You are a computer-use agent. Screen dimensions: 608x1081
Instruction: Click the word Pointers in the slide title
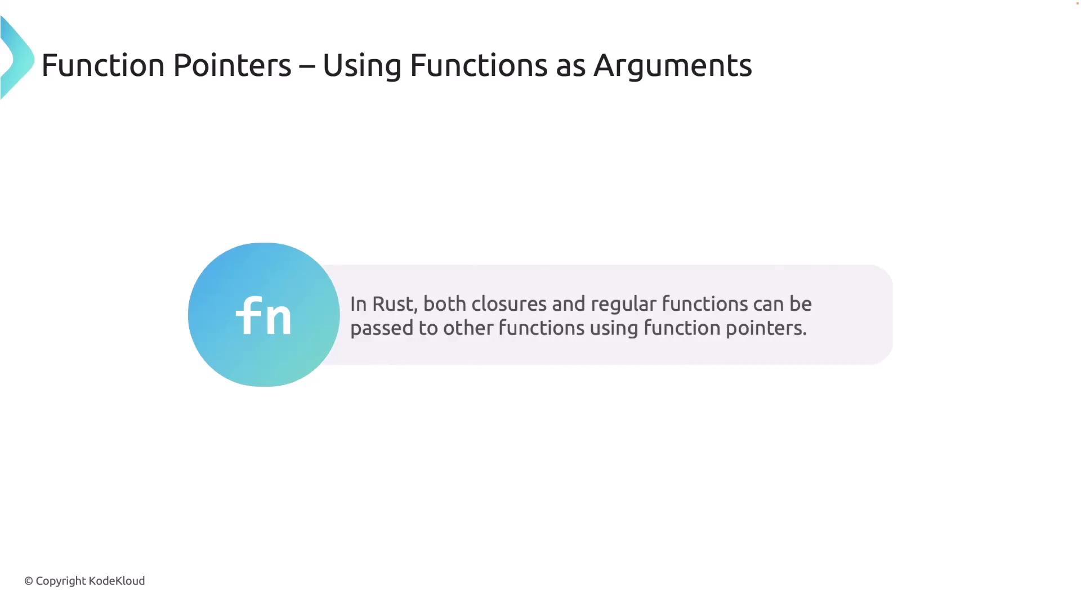(232, 65)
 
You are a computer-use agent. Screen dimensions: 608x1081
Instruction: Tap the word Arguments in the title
(672, 65)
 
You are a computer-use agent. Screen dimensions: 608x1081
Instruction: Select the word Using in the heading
(361, 65)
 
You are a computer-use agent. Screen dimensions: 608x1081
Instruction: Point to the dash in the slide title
(307, 66)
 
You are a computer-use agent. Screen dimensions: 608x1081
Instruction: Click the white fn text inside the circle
(263, 316)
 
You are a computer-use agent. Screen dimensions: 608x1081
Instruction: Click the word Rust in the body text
(393, 304)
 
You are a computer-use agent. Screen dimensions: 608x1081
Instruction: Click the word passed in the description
(382, 329)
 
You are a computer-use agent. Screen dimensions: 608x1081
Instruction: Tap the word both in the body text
(445, 304)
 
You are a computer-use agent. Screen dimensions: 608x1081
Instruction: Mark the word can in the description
(768, 304)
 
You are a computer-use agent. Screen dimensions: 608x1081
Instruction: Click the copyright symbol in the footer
(29, 581)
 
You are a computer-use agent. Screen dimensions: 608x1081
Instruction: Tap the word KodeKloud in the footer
(117, 581)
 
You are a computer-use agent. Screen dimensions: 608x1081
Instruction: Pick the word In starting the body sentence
(358, 304)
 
